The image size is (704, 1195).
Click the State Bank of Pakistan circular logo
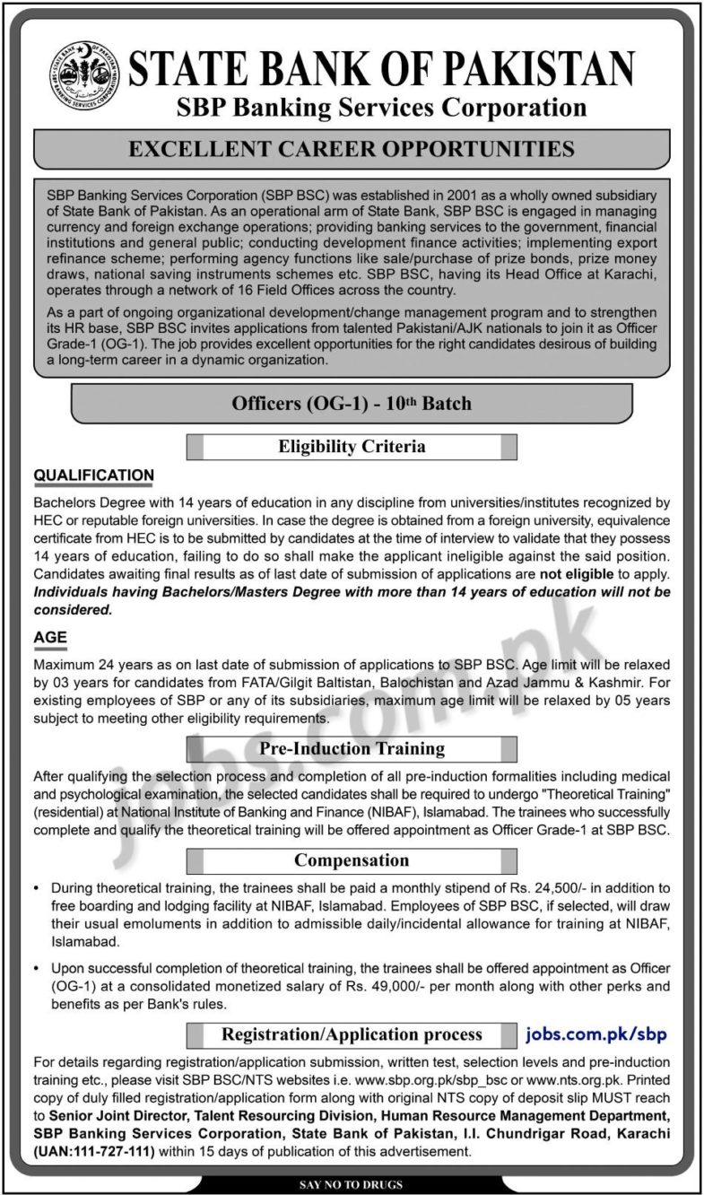[x=87, y=74]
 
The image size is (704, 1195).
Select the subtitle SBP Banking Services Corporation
[x=380, y=108]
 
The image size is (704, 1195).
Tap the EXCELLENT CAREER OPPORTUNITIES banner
[x=351, y=147]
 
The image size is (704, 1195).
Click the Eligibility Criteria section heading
[x=351, y=446]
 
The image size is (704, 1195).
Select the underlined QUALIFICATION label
[x=93, y=475]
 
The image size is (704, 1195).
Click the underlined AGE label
[x=50, y=638]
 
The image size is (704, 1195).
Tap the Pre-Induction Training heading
[x=351, y=747]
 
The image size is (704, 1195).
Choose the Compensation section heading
[x=351, y=860]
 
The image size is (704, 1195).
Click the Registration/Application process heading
[x=352, y=1034]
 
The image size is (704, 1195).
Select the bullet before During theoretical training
[x=37, y=886]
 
